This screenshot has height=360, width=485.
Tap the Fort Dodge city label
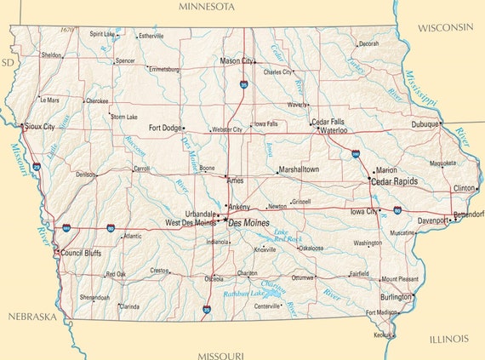pyautogui.click(x=165, y=129)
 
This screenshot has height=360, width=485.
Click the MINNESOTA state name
pyautogui.click(x=206, y=7)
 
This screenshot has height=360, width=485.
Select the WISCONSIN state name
pyautogui.click(x=444, y=27)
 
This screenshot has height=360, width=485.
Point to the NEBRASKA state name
pyautogui.click(x=31, y=317)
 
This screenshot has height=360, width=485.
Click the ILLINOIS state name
pyautogui.click(x=448, y=339)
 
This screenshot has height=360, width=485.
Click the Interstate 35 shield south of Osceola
pyautogui.click(x=207, y=311)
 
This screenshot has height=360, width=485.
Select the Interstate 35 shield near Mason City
pyautogui.click(x=244, y=85)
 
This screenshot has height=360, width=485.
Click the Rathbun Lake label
pyautogui.click(x=243, y=294)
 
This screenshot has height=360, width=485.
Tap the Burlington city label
pyautogui.click(x=396, y=297)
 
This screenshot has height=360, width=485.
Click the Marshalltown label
pyautogui.click(x=298, y=169)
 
